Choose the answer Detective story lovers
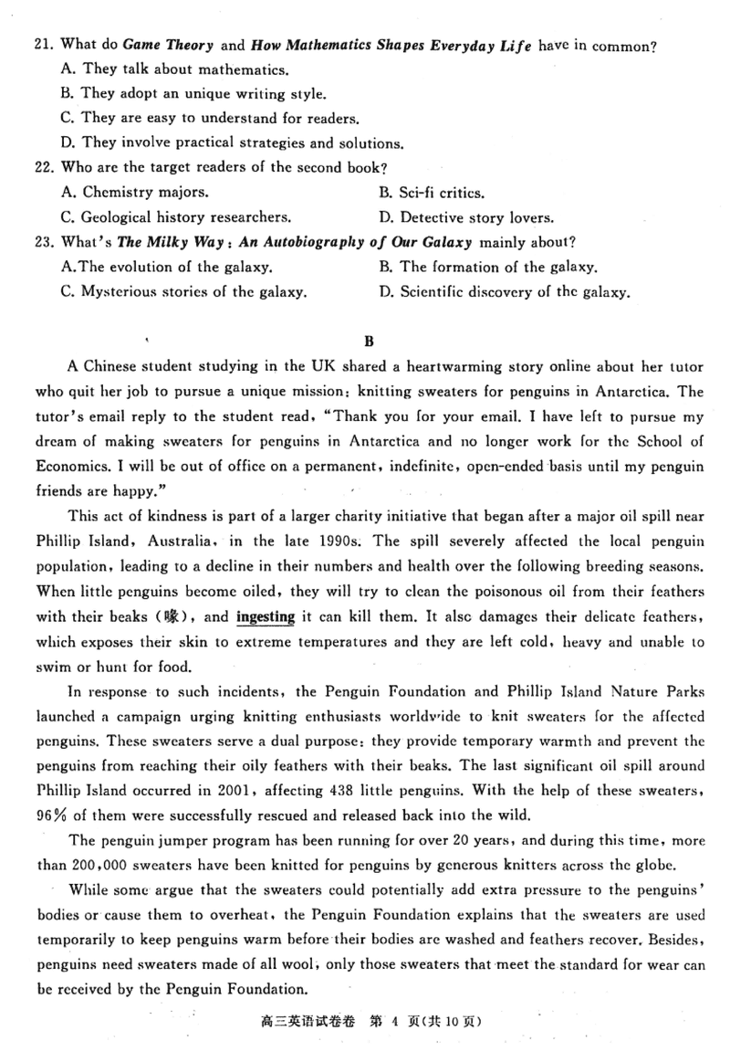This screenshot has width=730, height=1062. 464,217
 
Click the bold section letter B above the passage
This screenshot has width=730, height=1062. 369,342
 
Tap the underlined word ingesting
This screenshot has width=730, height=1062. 265,616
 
